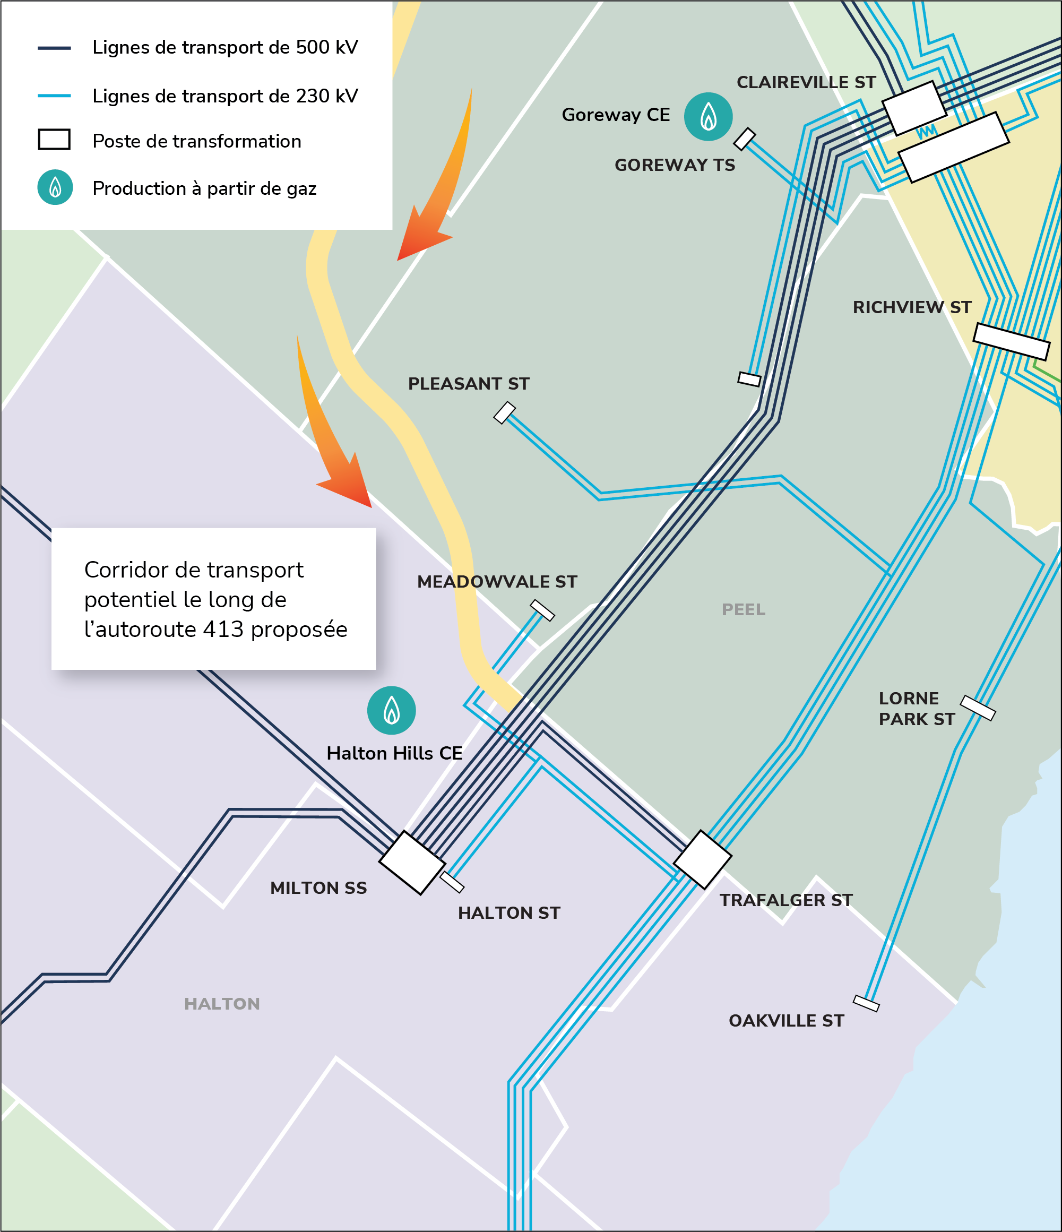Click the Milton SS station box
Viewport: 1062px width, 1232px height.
click(412, 862)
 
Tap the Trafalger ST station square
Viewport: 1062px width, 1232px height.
click(702, 859)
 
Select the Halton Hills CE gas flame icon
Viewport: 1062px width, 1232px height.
click(391, 711)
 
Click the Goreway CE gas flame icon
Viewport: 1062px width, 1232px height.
click(707, 117)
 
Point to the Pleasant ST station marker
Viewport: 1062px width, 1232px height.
click(504, 412)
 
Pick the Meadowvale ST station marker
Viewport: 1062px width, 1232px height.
click(542, 610)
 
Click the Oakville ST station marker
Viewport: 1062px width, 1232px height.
click(866, 1003)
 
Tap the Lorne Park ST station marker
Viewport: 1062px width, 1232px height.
click(978, 708)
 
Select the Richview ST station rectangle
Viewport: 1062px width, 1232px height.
click(1011, 341)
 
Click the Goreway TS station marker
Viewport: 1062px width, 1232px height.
click(744, 139)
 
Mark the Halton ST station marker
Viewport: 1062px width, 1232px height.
click(452, 882)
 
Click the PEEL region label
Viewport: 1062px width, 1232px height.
click(743, 609)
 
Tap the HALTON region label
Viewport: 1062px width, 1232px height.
click(222, 1004)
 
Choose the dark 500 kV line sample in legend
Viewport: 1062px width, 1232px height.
click(54, 48)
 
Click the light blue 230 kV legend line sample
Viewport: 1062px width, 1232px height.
click(54, 96)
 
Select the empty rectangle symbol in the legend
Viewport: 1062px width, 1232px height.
click(54, 140)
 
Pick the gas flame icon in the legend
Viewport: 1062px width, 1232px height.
click(55, 187)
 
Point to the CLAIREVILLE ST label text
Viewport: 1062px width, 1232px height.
click(806, 82)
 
